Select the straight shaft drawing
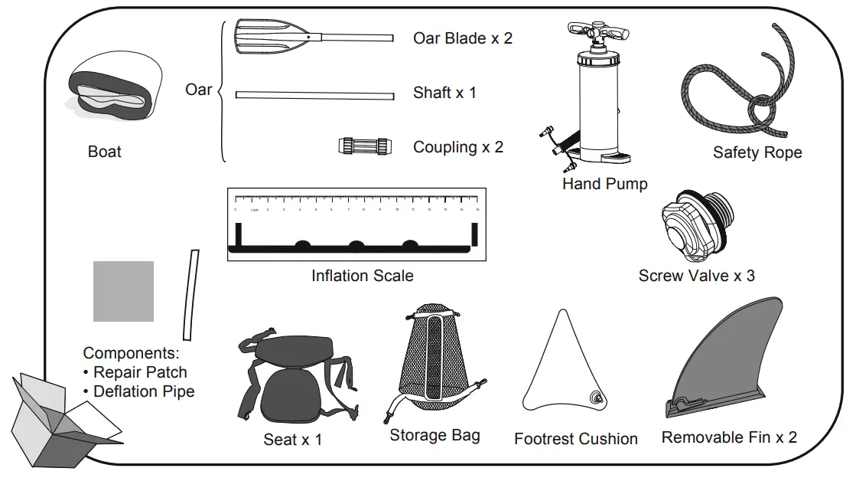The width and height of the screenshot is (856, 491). point(314,95)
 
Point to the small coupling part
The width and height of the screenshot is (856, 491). point(366,146)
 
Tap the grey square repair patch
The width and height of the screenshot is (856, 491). point(123,291)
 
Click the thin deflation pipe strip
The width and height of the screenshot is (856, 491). point(190,294)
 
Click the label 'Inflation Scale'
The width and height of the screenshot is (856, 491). point(362,276)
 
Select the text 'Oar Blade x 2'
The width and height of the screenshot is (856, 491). point(462,38)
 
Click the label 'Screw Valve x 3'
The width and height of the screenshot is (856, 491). point(696,276)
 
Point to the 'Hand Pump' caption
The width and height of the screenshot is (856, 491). point(604,184)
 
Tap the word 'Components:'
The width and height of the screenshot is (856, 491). point(131,353)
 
